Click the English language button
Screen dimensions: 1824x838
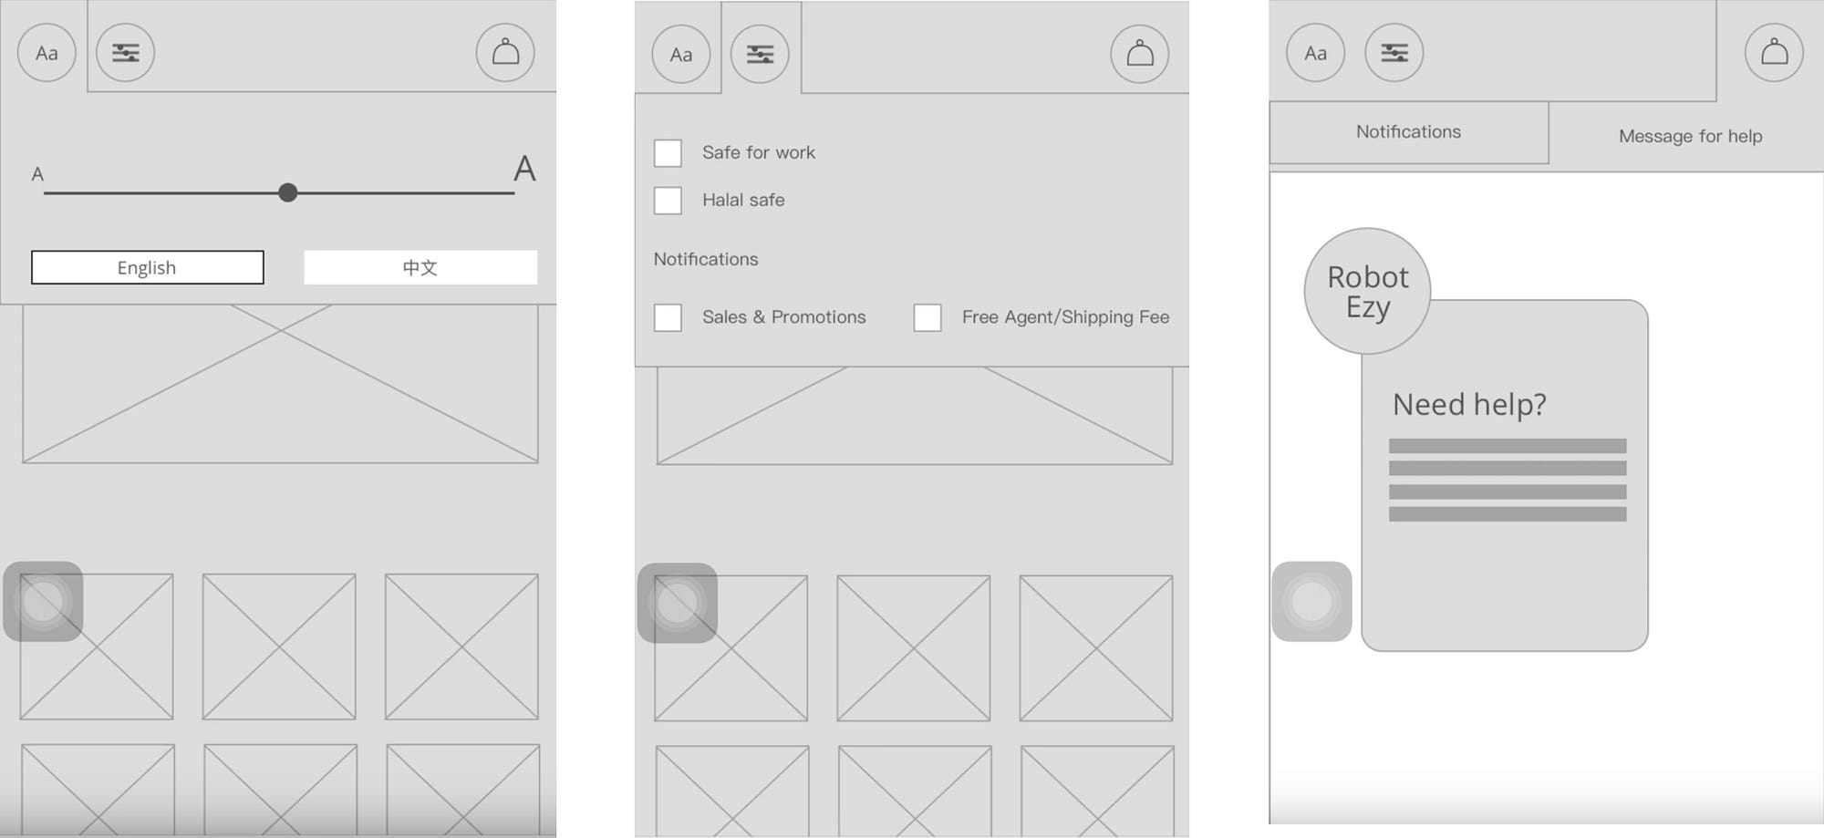147,267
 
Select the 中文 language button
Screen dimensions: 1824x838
420,267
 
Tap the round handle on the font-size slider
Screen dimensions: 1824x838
287,192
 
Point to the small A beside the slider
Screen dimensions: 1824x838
37,173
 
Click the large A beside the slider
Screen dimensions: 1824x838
524,169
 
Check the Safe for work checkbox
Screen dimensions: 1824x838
668,153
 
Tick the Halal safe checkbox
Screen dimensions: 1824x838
668,201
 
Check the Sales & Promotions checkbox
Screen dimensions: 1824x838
668,317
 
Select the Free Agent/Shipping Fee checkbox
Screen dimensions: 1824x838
928,317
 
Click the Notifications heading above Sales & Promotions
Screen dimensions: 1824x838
706,259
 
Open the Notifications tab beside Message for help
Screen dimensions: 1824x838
1408,132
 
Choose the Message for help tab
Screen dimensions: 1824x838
1690,136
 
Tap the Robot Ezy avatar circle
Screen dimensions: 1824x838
1367,291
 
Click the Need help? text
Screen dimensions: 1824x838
1469,404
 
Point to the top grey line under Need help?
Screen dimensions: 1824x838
1508,446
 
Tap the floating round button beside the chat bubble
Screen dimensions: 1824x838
1311,602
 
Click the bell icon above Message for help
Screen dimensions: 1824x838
1774,52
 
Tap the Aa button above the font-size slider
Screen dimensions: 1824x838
47,52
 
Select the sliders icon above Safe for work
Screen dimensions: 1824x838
760,55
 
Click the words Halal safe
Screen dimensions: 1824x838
743,200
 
